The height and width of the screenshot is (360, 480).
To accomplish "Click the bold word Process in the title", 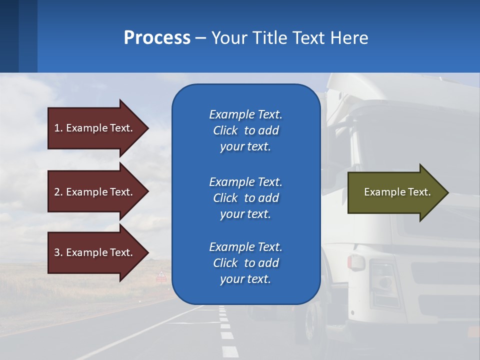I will point(157,38).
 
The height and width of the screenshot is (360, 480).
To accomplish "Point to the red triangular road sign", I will point(161,275).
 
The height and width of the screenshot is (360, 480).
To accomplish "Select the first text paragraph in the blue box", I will point(245,130).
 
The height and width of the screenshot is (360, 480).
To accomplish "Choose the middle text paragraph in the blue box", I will point(245,198).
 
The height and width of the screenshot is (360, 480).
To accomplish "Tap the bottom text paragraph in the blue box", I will point(245,263).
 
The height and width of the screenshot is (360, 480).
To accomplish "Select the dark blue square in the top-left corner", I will point(9,36).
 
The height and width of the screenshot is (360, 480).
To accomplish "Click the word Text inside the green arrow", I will point(419,192).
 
